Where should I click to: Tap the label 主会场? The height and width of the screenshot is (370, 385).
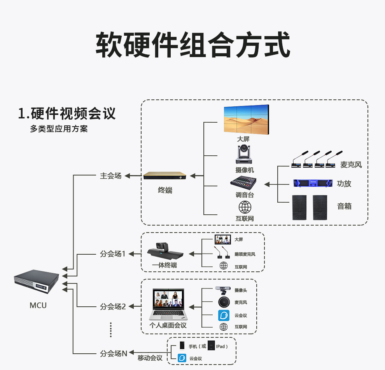pyautogui.click(x=110, y=176)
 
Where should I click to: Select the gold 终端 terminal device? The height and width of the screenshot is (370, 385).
pyautogui.click(x=167, y=176)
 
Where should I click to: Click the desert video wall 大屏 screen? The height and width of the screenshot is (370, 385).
pyautogui.click(x=246, y=120)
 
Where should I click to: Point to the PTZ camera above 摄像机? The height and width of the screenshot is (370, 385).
pyautogui.click(x=244, y=155)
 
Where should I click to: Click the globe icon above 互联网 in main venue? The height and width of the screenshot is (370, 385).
pyautogui.click(x=245, y=207)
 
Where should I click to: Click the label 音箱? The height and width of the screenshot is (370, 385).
pyautogui.click(x=344, y=206)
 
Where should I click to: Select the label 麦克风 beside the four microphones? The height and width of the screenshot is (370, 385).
pyautogui.click(x=351, y=165)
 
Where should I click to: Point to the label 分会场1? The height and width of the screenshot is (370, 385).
pyautogui.click(x=112, y=254)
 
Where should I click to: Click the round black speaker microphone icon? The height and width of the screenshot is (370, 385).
pyautogui.click(x=224, y=302)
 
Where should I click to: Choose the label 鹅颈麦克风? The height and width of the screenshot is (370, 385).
pyautogui.click(x=245, y=254)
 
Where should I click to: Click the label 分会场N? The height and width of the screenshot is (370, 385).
pyautogui.click(x=114, y=354)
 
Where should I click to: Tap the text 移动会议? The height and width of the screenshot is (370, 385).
pyautogui.click(x=150, y=358)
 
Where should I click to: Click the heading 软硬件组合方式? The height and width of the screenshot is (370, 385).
pyautogui.click(x=192, y=45)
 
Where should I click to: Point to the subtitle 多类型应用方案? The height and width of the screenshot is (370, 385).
pyautogui.click(x=59, y=129)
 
